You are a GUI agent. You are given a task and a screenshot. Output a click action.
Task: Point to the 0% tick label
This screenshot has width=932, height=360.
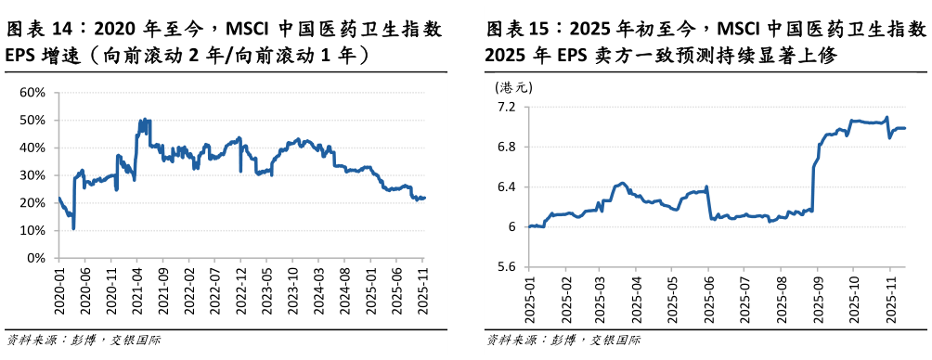(37, 257)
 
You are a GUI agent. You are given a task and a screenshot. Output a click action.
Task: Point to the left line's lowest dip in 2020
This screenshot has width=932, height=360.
(73, 227)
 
